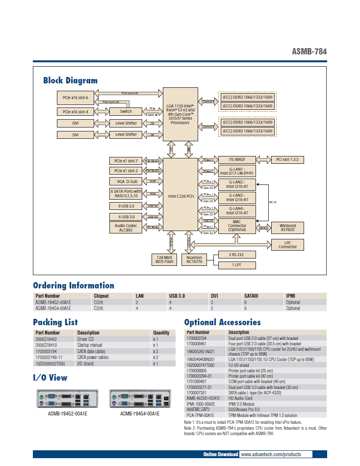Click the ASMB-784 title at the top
[309, 52]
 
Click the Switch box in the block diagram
[126, 111]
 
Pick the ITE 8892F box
[237, 159]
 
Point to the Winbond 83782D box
[287, 228]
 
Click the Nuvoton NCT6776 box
[195, 259]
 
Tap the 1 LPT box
[237, 265]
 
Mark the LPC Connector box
[287, 244]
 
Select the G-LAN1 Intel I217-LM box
[237, 171]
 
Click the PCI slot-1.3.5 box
[287, 159]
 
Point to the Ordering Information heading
[74, 285]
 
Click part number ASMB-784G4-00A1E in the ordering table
[53, 309]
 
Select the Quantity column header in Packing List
[161, 333]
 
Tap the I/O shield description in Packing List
[85, 363]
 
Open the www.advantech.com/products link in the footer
[271, 455]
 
